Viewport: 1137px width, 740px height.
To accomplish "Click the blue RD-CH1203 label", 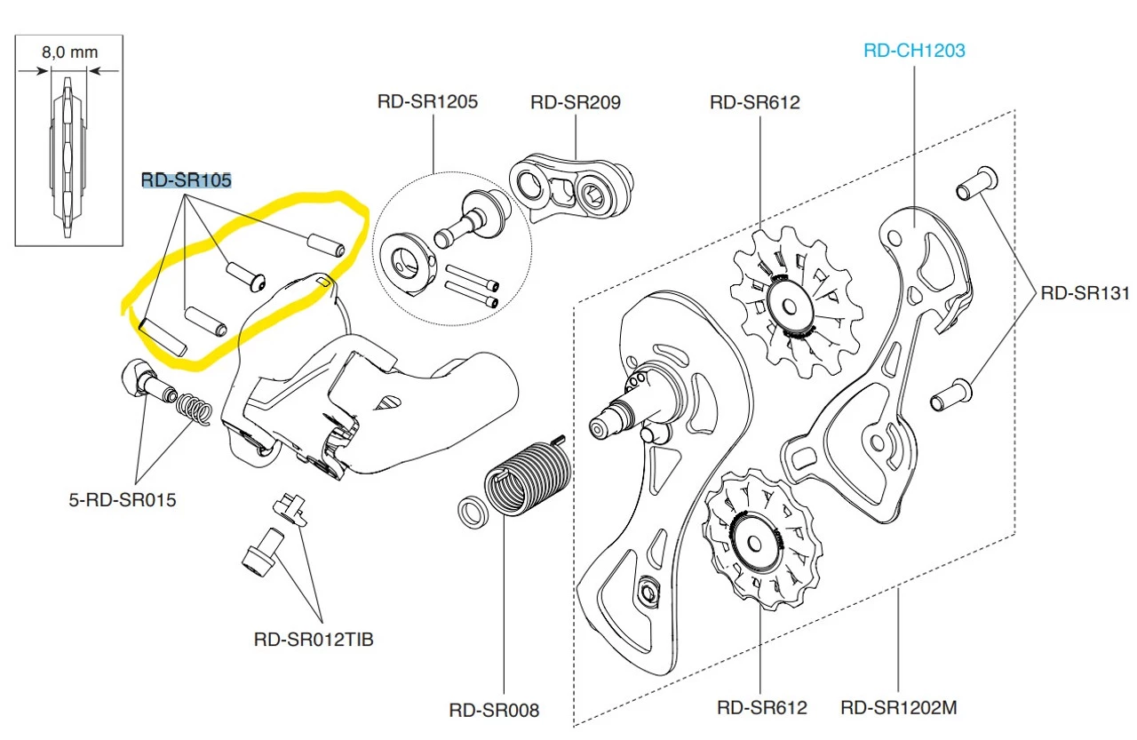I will click(914, 51).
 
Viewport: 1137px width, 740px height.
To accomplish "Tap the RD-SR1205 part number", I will click(427, 101).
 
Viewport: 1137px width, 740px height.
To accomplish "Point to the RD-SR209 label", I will click(575, 101).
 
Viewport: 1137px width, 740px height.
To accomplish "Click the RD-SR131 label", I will click(1085, 292).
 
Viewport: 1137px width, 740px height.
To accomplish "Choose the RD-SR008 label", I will click(494, 710).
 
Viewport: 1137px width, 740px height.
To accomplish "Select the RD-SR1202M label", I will click(898, 708).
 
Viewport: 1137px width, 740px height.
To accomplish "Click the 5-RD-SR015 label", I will click(123, 499).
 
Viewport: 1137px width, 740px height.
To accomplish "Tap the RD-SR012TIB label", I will click(314, 639).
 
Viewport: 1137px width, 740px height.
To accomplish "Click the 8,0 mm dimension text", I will click(69, 52).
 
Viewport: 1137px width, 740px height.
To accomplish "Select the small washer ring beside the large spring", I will click(470, 513).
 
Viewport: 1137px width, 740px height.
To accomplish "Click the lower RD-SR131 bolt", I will click(951, 395).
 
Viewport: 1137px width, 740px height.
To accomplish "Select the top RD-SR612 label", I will click(754, 102).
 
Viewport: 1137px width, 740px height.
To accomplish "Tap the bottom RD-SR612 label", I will click(761, 708).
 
